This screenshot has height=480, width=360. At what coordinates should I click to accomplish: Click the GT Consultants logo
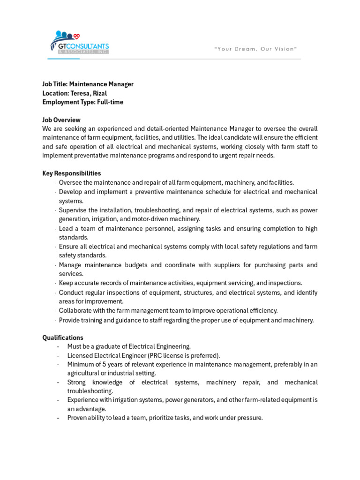click(79, 43)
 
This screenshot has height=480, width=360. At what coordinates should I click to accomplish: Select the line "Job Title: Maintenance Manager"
click(88, 84)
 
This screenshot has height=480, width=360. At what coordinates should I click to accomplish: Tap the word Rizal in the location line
click(100, 93)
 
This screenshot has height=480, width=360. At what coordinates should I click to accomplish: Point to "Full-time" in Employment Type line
click(110, 102)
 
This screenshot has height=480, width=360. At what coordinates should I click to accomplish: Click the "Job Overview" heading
click(61, 120)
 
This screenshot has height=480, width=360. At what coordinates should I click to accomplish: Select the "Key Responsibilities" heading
click(72, 173)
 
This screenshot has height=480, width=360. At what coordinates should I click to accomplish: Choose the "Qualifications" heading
click(63, 338)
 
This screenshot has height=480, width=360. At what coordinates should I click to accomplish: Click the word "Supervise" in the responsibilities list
click(73, 210)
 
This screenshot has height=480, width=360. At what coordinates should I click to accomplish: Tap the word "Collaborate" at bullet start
click(75, 311)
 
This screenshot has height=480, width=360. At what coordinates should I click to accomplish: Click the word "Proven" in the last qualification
click(77, 418)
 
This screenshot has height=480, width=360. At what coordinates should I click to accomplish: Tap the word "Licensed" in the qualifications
click(79, 356)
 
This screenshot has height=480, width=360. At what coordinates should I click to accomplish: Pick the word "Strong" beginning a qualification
click(77, 382)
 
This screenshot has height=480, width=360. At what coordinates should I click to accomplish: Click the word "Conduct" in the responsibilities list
click(71, 292)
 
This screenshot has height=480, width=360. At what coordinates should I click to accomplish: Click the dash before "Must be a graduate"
click(58, 347)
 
